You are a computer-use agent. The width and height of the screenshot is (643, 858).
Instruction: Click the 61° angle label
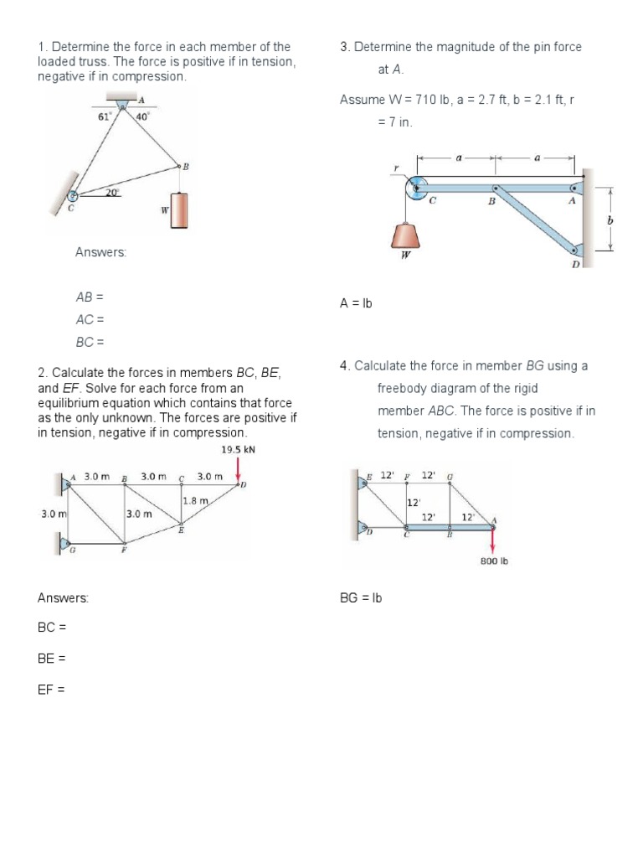[x=104, y=117]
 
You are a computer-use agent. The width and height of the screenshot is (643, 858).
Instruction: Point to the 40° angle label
[x=142, y=117]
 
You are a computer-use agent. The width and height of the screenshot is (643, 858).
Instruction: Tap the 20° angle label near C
[x=112, y=193]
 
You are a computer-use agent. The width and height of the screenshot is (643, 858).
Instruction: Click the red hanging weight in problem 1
[x=179, y=210]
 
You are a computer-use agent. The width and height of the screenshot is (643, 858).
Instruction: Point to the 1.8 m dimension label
[x=195, y=500]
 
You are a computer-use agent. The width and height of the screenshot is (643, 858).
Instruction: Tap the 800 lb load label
[x=493, y=561]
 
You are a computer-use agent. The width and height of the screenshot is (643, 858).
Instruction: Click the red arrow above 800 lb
[x=492, y=540]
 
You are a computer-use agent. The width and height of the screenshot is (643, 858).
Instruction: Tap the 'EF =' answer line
[x=51, y=690]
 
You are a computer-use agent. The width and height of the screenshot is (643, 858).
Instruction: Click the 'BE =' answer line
[x=52, y=659]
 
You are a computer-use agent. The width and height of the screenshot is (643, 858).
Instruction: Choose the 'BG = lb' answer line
[x=361, y=598]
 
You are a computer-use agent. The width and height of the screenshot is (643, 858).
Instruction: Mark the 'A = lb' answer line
[x=356, y=304]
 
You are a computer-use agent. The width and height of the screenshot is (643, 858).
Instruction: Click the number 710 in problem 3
[x=428, y=100]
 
